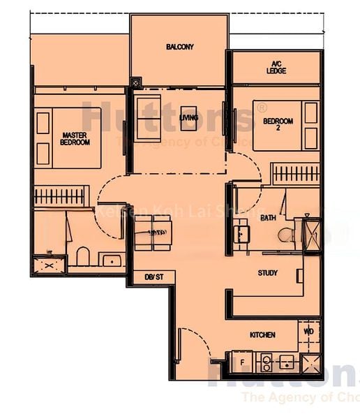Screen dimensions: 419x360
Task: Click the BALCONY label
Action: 180,47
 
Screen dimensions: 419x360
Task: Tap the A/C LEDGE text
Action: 276,67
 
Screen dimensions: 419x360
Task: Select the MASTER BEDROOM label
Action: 75,138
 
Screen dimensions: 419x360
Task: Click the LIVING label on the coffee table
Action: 188,118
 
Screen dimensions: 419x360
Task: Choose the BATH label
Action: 269,218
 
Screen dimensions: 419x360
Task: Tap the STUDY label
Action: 268,272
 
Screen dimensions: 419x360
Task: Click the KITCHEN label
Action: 262,335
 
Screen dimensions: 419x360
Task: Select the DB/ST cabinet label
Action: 154,277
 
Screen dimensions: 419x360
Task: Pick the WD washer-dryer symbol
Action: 309,331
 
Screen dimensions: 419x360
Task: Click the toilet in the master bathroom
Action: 82,257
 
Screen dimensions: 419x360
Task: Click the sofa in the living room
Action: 147,117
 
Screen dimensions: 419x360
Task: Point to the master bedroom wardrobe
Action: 62,195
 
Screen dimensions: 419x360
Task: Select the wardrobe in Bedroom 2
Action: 295,172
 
